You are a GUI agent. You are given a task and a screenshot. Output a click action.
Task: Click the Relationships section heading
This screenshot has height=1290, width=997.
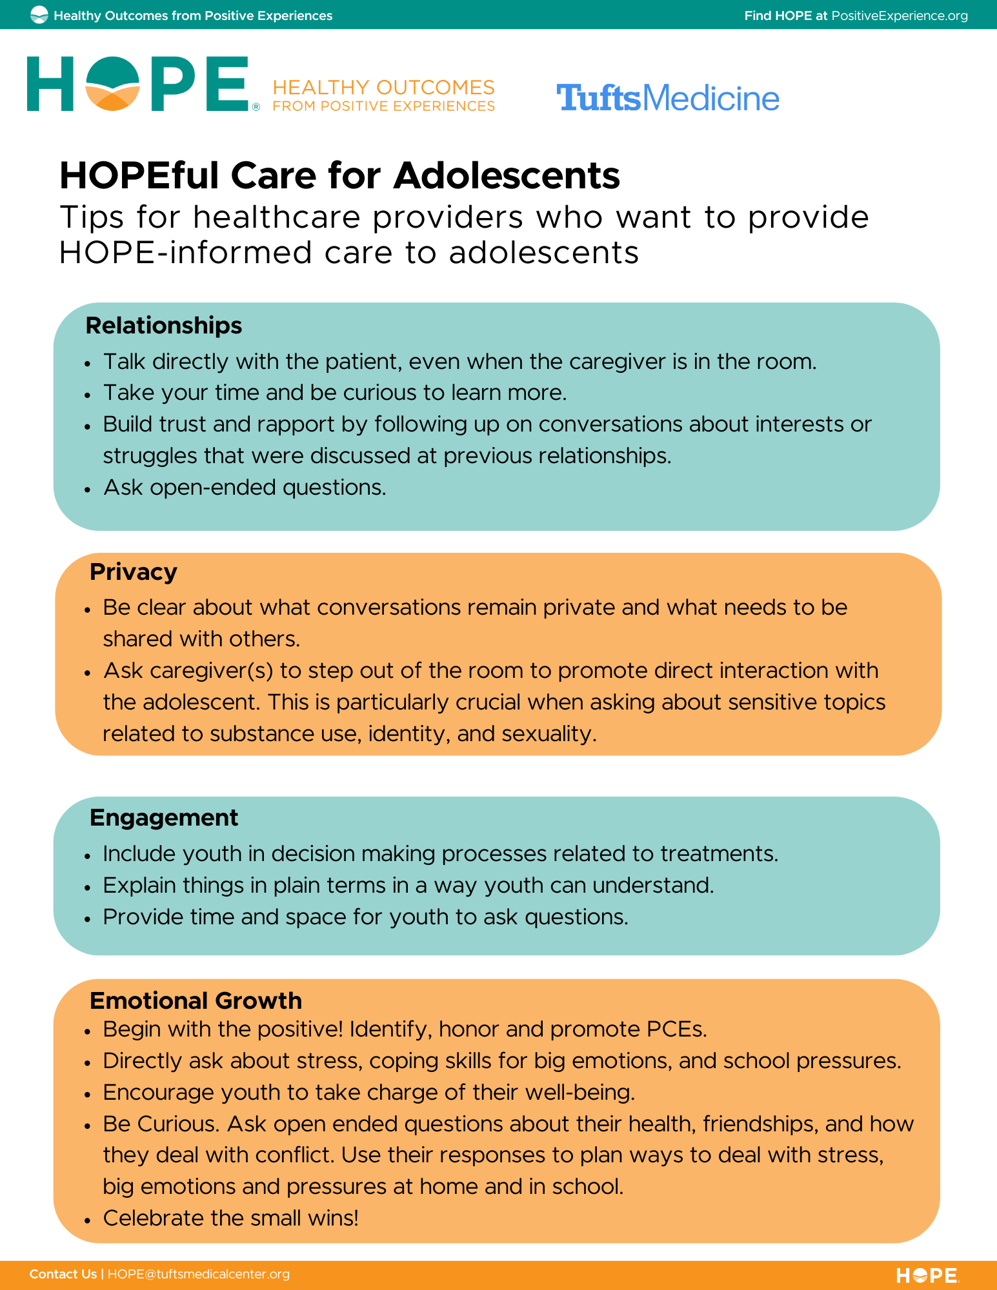click(164, 326)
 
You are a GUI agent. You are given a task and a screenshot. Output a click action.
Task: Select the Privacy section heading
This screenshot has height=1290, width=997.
click(133, 572)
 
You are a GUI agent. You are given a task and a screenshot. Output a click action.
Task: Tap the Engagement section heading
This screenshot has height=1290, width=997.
click(164, 818)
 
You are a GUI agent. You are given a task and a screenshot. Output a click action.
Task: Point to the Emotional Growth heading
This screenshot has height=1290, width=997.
click(196, 1000)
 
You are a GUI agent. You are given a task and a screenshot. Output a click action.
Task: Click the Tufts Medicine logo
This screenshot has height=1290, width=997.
click(668, 98)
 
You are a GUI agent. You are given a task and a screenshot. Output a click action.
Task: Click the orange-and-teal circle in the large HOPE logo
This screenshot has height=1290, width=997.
click(113, 84)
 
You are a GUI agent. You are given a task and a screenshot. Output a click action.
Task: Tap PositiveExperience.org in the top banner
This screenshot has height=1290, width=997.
click(899, 15)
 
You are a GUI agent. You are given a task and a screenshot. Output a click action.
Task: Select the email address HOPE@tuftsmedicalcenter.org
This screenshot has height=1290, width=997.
click(199, 1274)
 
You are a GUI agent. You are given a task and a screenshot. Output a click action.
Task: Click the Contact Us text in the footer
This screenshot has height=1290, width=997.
click(63, 1274)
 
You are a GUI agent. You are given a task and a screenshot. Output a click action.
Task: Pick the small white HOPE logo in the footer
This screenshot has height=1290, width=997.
click(927, 1275)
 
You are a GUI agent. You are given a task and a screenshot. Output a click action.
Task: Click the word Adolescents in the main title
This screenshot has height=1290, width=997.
click(507, 175)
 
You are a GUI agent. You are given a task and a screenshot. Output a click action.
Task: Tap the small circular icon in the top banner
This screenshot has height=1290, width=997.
click(39, 15)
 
